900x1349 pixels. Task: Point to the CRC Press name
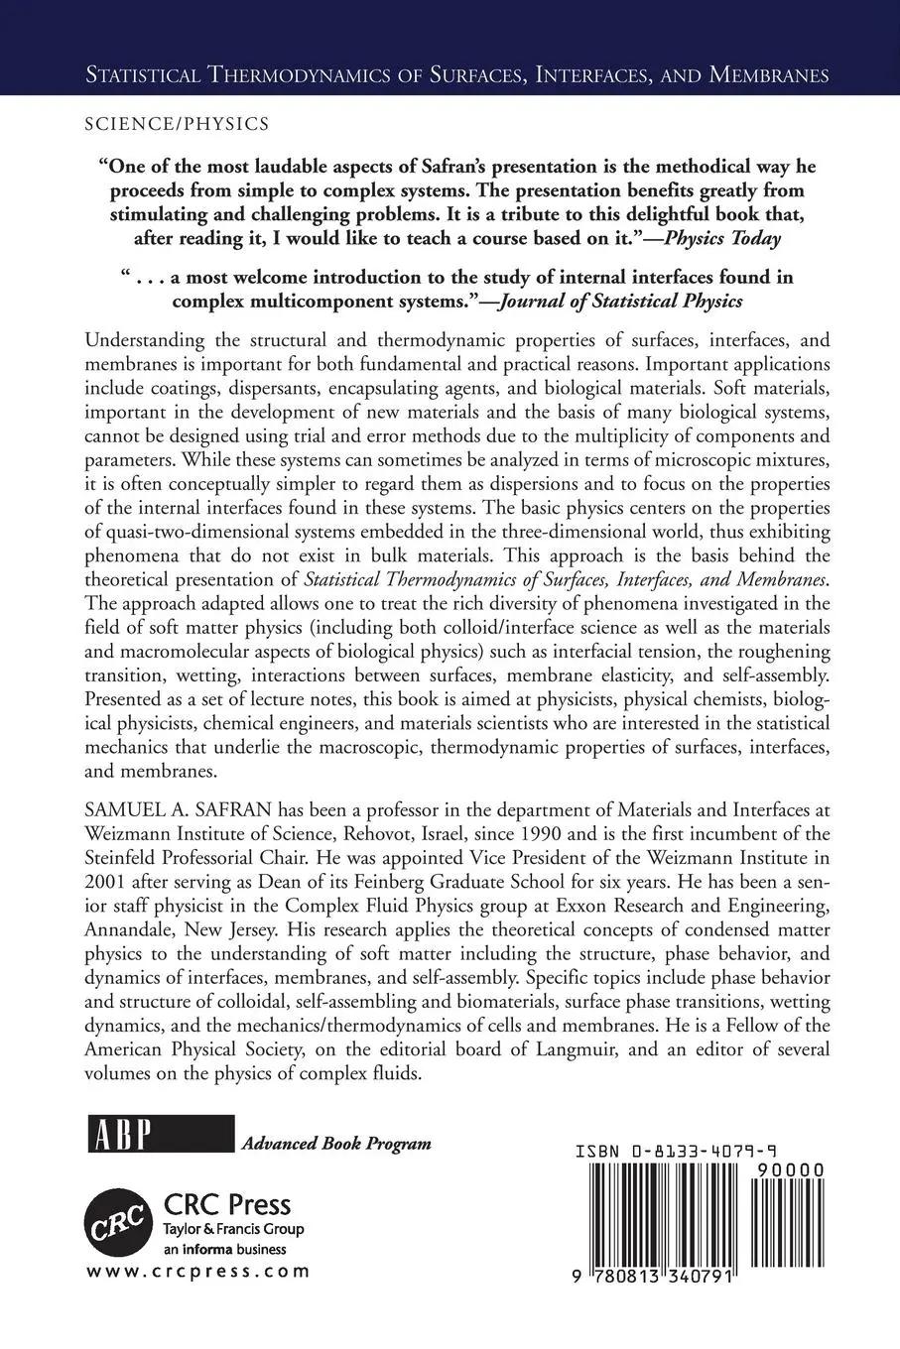pyautogui.click(x=226, y=1204)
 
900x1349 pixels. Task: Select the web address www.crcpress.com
pyautogui.click(x=198, y=1271)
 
